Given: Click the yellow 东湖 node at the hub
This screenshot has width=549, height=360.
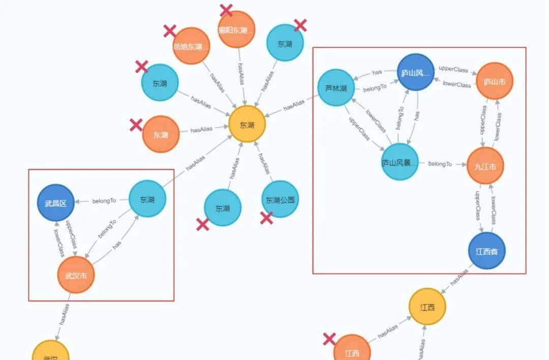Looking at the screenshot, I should coord(247,124).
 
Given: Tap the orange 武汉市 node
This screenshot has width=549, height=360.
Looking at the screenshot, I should coord(76,275).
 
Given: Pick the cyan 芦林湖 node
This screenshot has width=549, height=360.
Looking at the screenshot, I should coord(336,88).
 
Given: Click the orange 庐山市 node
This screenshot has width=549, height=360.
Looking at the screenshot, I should coord(495,81).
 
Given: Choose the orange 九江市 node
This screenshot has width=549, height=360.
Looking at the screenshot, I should coord(485,165).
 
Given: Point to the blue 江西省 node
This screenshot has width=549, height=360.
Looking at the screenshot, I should coord(486,251).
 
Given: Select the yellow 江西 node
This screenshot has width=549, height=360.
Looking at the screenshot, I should coord(428,307).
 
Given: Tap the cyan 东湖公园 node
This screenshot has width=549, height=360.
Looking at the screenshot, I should coord(280,199).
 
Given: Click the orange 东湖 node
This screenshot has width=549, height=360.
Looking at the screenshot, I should coord(161,134).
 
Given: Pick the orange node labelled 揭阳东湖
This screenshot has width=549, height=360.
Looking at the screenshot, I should coord(236,29).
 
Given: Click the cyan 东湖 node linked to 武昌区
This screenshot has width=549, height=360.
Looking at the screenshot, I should coord(147,199).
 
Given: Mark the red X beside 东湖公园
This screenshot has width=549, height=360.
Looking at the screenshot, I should coord(266,218).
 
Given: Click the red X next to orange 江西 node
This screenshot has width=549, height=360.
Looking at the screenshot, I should coord(329,339).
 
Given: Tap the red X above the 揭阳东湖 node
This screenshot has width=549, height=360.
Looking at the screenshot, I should coord(226,10).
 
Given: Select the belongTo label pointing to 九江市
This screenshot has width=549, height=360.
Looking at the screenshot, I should coord(440,164).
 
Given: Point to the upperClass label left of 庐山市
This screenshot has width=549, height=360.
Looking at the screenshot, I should coord(453,69).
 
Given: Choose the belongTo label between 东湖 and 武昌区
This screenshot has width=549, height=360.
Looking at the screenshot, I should coord(104,201).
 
